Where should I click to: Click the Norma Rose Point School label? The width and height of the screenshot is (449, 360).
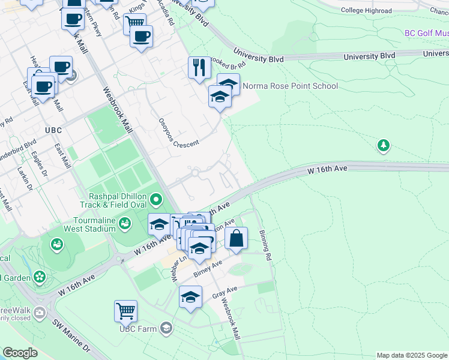tap(290, 86)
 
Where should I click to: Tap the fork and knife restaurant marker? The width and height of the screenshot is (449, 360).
tap(199, 67)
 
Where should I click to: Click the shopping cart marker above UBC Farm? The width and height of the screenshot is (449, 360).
tap(126, 311)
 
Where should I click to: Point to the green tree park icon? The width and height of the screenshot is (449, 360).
tap(383, 145)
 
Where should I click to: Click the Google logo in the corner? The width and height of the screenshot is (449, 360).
tap(20, 353)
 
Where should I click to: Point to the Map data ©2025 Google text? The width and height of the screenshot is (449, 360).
tap(412, 355)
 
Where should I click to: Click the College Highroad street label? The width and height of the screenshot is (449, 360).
tap(366, 10)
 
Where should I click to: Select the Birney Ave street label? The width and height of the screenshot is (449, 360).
tap(208, 269)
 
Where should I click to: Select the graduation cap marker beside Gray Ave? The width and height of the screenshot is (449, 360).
tap(191, 297)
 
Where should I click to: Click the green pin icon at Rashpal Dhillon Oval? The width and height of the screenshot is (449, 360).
tap(156, 198)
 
